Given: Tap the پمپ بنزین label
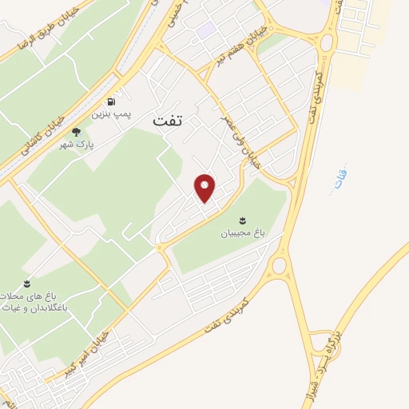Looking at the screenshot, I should tap(109, 114).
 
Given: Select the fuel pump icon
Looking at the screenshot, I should tap(109, 101).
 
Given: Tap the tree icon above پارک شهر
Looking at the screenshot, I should tap(77, 133).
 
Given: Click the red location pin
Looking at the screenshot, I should tap(206, 188).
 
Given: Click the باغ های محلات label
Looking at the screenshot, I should tap(30, 297).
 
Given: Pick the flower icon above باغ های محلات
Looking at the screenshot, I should tap(26, 284).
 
